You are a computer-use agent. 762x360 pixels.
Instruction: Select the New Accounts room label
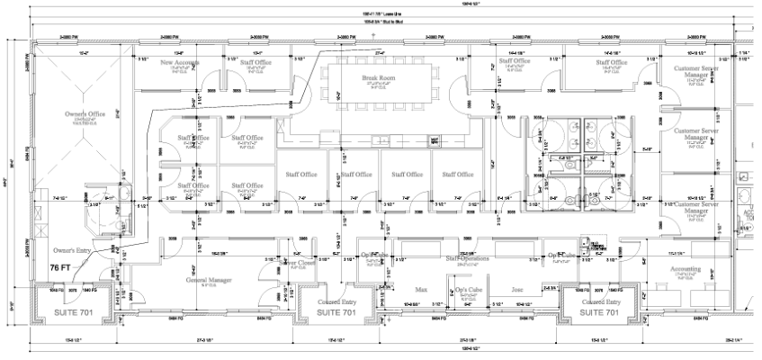coord(180,63)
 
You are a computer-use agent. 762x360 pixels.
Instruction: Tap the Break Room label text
coord(379,78)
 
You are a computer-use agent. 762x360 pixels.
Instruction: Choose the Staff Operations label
coord(466,258)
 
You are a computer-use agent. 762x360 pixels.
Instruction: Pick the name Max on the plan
coord(420,291)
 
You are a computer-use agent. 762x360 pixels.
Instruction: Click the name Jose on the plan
coord(517,291)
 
